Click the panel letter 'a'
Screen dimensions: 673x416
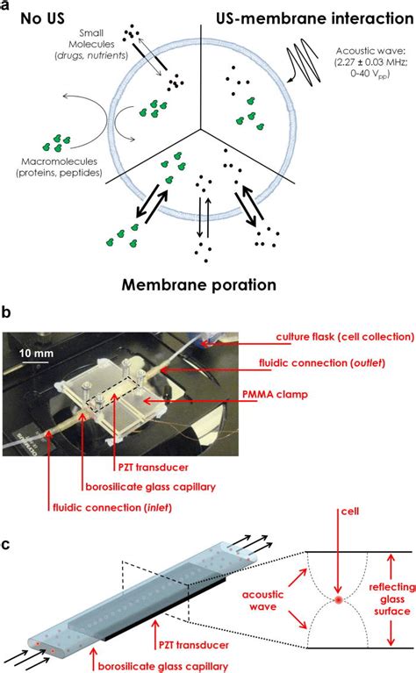point(7,8)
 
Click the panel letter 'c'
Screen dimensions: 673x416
point(7,544)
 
